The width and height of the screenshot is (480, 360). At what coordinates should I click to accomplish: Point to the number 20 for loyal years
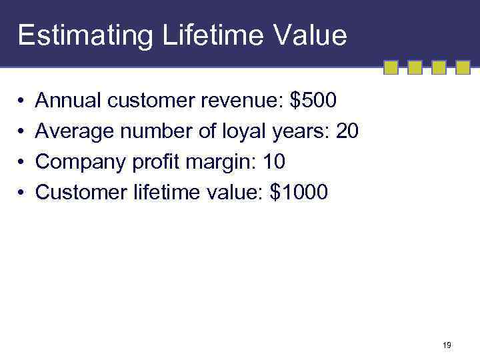pyautogui.click(x=347, y=131)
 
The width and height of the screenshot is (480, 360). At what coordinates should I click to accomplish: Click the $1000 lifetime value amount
pyautogui.click(x=299, y=193)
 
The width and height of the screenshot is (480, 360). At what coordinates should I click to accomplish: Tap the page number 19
pyautogui.click(x=447, y=345)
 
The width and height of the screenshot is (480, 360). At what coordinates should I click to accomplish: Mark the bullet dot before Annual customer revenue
pyautogui.click(x=22, y=101)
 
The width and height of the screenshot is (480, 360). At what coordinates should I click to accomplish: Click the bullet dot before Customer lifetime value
pyautogui.click(x=22, y=193)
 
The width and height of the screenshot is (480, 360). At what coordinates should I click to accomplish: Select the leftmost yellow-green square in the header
pyautogui.click(x=391, y=67)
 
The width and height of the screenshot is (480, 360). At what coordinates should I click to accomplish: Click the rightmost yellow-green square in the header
pyautogui.click(x=463, y=67)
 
